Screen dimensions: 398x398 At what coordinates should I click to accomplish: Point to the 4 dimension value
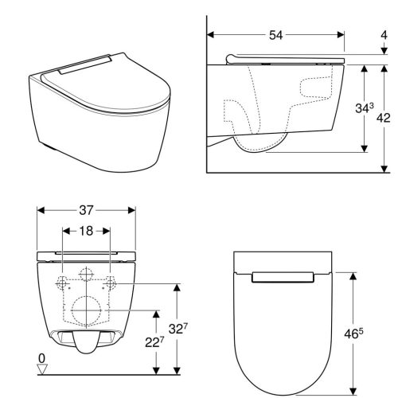[385, 36]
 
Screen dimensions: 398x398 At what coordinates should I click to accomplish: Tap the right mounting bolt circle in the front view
[112, 283]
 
